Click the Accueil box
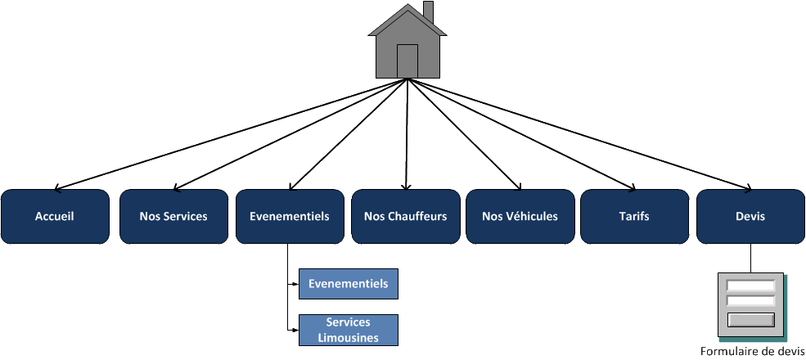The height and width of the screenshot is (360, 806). click(x=55, y=217)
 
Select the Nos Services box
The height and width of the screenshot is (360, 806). click(x=173, y=217)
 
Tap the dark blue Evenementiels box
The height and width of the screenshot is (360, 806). click(x=289, y=217)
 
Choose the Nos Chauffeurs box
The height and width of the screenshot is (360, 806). click(x=405, y=217)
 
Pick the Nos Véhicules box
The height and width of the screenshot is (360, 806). click(x=520, y=217)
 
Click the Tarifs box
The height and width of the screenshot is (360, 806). click(x=635, y=217)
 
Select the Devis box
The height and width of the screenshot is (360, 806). click(x=750, y=217)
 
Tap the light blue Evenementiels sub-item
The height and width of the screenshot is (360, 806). click(x=349, y=284)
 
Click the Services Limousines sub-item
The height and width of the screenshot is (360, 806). click(x=349, y=330)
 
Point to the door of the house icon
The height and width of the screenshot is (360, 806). click(x=407, y=61)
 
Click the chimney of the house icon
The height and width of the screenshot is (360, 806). click(x=428, y=12)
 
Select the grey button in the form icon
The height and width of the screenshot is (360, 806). click(x=751, y=319)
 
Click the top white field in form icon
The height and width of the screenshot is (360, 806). click(x=751, y=286)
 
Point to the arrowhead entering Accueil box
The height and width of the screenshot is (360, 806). click(x=60, y=187)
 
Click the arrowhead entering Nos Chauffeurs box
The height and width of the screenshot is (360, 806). click(x=406, y=186)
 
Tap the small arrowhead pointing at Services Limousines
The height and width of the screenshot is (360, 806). click(x=295, y=330)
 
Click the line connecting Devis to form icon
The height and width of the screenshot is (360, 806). click(x=750, y=258)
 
